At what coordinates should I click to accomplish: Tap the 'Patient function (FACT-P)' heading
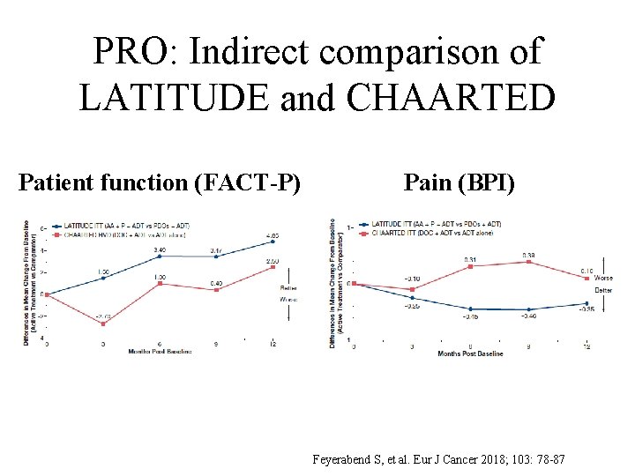pos(160,182)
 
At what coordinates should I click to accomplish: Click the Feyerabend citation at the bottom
pos(438,460)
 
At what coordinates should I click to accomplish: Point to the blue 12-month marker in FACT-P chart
pos(273,242)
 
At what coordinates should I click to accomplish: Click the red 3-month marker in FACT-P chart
pos(103,324)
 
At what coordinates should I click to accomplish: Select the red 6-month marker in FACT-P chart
pos(160,284)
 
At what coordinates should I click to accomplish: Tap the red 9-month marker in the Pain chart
pos(528,262)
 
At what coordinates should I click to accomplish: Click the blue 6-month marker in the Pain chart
pos(471,309)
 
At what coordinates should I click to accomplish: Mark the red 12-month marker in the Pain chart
pos(586,278)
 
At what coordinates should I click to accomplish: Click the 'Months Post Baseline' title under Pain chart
pos(470,354)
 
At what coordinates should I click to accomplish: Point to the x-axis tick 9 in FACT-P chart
pos(216,345)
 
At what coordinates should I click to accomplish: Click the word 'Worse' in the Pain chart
pos(603,279)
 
